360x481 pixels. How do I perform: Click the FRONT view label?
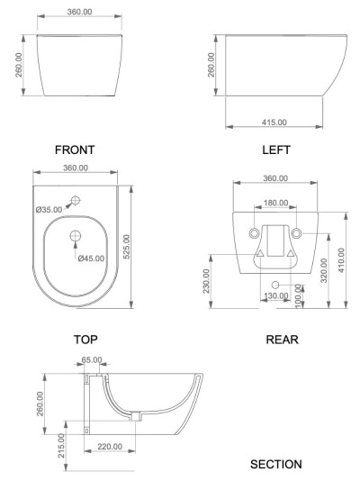pos(75,150)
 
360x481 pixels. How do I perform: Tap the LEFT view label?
pos(276,150)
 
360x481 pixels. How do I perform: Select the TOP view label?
pos(85,340)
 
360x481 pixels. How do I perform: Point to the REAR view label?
pos(282,340)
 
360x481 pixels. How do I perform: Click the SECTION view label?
pos(276,464)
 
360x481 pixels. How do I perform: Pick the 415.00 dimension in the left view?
pos(274,123)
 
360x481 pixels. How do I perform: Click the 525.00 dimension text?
pos(127,247)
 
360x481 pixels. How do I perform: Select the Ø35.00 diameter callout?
pos(49,210)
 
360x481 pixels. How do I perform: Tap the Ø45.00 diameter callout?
pos(91,259)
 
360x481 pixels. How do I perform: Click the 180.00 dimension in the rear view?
pos(275,203)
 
